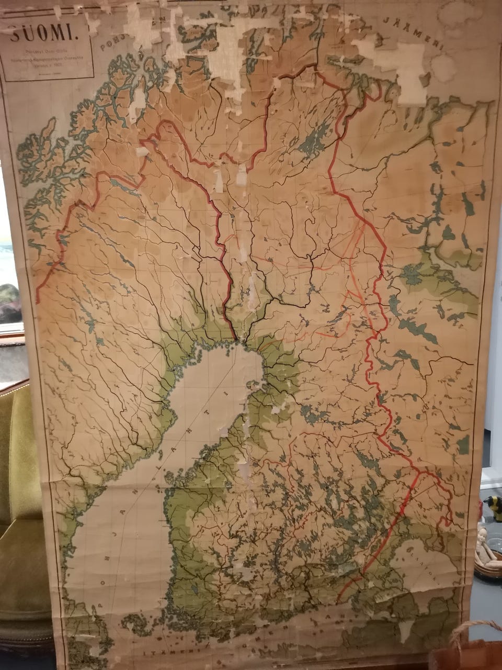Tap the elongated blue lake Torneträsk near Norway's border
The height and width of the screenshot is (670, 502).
pos(123,185)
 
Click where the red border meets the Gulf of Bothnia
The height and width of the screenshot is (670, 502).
pos(235,343)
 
